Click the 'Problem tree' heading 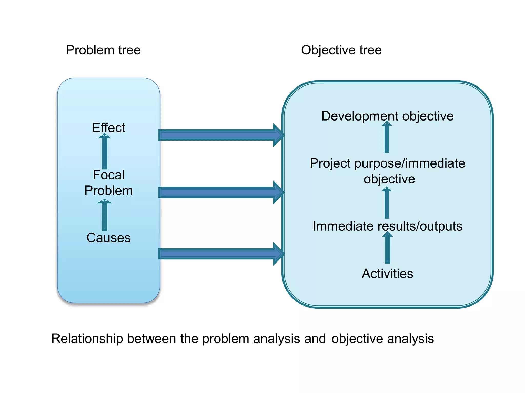(103, 50)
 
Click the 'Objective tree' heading (341, 50)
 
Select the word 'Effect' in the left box (108, 127)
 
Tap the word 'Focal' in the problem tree (108, 175)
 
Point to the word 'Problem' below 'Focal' (108, 191)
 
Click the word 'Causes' (108, 238)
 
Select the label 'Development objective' (387, 116)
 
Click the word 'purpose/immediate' (410, 163)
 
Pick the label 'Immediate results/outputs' (387, 226)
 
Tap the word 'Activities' (387, 274)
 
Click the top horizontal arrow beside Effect (220, 135)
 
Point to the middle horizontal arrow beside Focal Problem (220, 192)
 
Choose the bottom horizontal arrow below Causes (220, 254)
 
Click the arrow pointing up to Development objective (387, 138)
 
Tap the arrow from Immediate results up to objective (387, 203)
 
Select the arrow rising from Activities (387, 249)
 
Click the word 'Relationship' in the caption (87, 339)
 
